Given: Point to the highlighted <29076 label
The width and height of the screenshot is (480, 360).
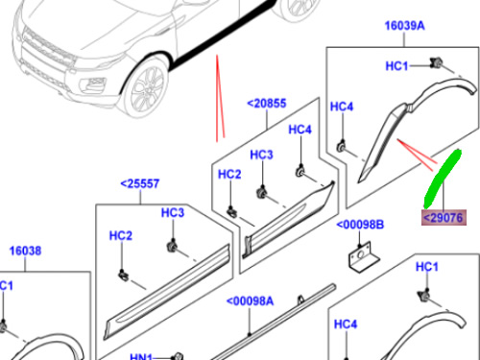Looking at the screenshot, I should [444, 218].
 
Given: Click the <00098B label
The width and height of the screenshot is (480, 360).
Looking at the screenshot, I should [360, 226].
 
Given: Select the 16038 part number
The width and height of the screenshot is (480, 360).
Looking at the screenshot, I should [25, 251].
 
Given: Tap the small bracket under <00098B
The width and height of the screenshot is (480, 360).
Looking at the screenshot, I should [362, 256].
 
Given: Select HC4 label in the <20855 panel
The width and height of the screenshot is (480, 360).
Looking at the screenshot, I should [300, 130].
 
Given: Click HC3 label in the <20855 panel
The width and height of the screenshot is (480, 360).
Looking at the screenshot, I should [262, 155].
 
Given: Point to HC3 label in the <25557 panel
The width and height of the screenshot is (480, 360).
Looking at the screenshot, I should [172, 212].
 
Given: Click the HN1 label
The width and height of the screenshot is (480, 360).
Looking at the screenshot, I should [140, 356].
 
